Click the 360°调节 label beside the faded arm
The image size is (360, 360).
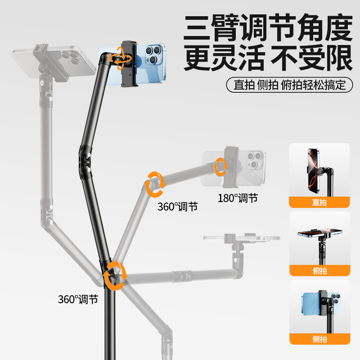click(177, 207)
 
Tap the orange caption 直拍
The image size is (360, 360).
click(319, 202)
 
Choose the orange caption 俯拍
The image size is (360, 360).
click(319, 271)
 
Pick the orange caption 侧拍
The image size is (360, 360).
click(319, 339)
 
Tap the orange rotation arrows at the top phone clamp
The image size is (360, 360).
click(122, 58)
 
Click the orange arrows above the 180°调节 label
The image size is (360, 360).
click(221, 166)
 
